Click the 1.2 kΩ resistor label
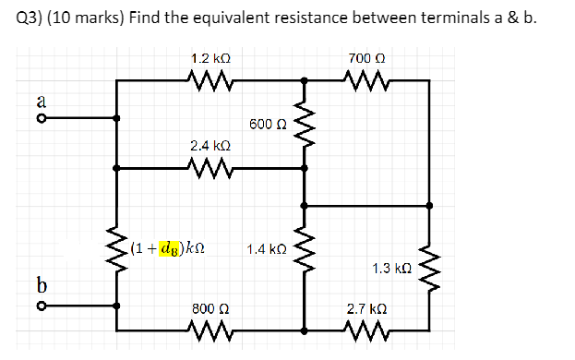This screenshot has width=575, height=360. point(210,58)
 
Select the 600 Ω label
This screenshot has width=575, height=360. point(268,124)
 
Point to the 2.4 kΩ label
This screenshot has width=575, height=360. point(210,146)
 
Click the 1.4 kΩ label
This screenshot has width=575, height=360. point(267,248)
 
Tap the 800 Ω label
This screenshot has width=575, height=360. point(210,308)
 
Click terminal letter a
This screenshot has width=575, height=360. point(42,99)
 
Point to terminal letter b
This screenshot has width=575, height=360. point(42,282)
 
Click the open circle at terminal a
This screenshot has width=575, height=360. point(42,118)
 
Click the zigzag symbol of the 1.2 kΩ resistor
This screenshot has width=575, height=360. point(210,80)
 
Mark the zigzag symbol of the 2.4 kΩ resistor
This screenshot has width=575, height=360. point(210,168)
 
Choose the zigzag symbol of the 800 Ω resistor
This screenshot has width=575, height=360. point(210,329)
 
